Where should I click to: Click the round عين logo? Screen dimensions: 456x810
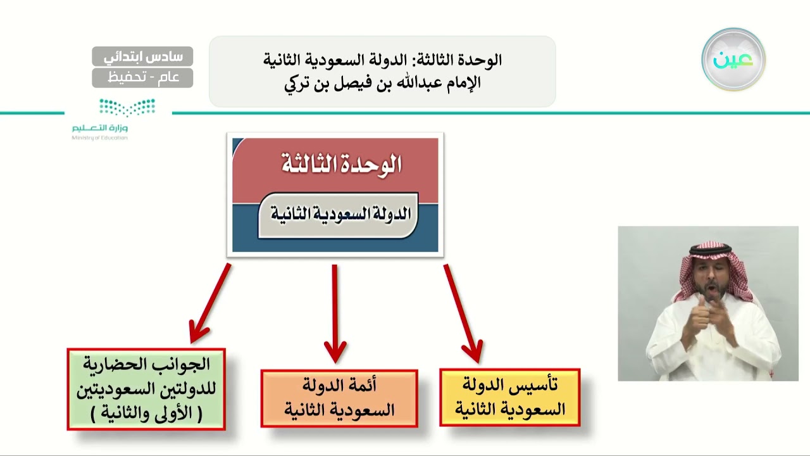coord(733,60)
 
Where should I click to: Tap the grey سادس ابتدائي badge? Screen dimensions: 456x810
coord(142,56)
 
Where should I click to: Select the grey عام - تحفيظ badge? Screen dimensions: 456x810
coord(142,77)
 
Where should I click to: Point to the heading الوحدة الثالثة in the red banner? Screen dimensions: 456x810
coord(341,164)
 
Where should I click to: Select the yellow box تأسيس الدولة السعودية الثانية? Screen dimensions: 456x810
coord(509,397)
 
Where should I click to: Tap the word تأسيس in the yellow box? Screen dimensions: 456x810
coord(542,384)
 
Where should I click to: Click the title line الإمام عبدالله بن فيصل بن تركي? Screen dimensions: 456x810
coord(382,83)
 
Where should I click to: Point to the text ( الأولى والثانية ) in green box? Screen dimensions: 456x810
coord(146,414)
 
